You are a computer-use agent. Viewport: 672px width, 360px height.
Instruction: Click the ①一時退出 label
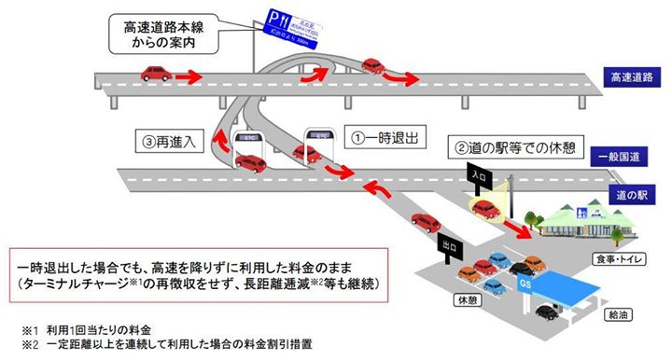385,136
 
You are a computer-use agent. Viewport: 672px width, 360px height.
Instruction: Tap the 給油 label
617,317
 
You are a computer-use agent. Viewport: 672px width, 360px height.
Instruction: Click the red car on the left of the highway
157,72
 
